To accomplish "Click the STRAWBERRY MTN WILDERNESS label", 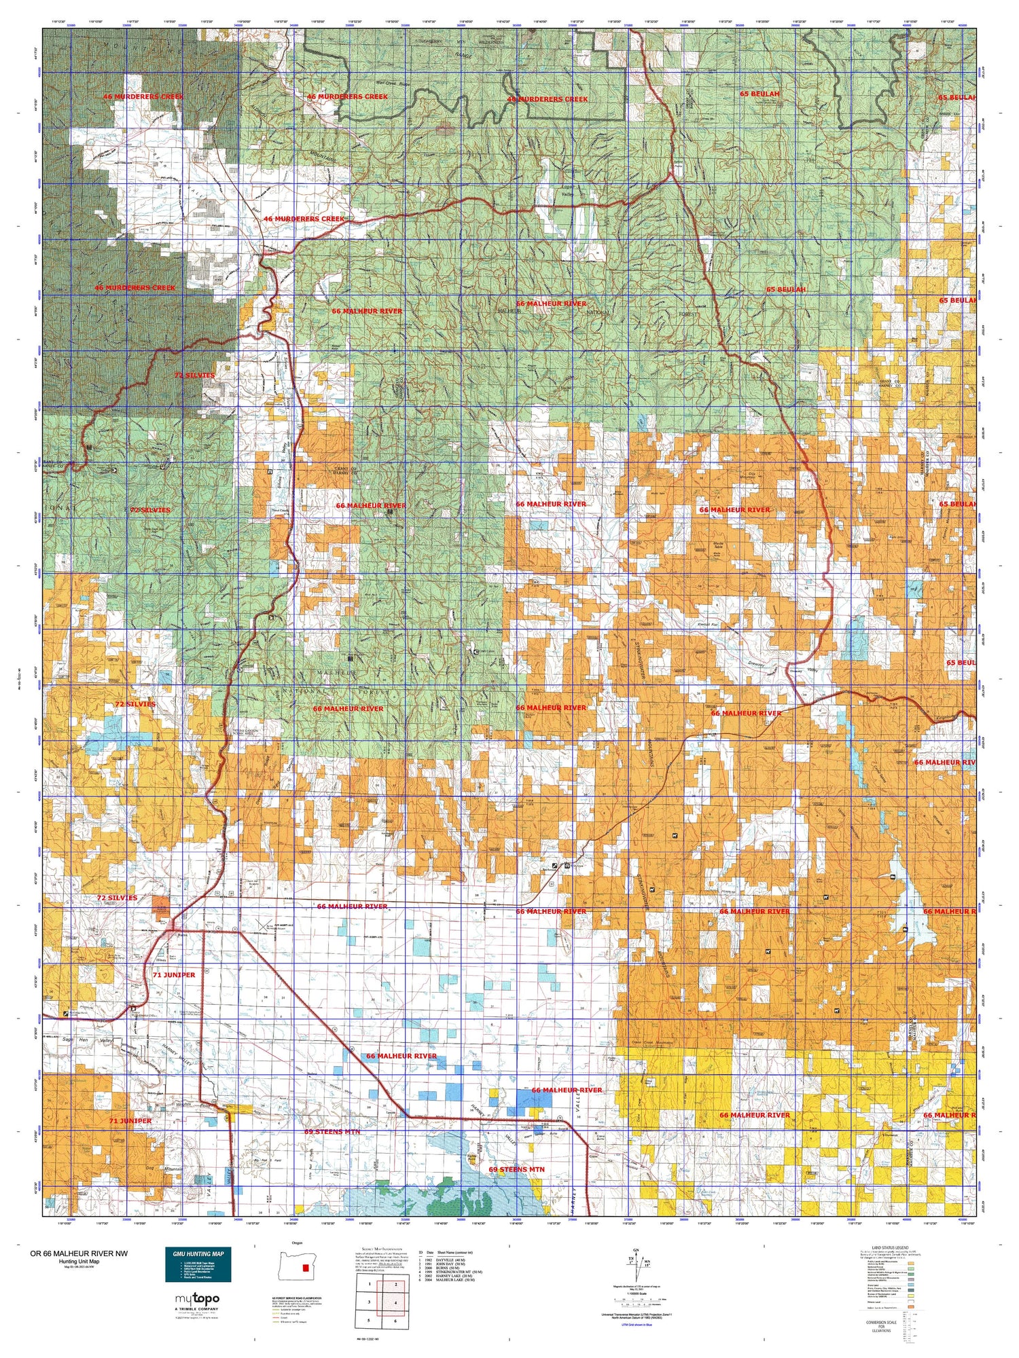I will [x=462, y=42].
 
